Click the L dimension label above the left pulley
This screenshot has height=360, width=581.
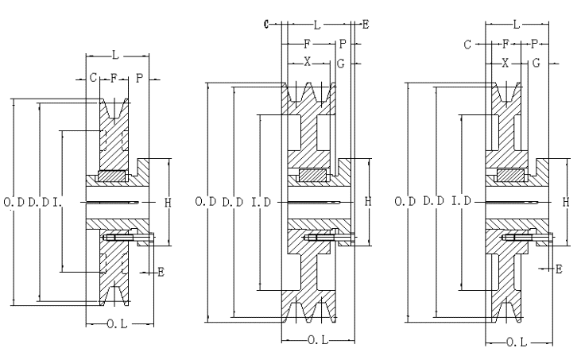coord(116,55)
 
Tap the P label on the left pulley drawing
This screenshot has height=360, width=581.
coord(138,77)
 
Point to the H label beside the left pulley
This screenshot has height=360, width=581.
coord(168,203)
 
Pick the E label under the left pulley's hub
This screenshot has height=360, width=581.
coord(161,272)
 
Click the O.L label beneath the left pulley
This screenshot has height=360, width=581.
coord(117,323)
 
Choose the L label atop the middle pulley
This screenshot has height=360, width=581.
coord(318,25)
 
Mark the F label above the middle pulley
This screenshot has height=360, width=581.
coord(307,44)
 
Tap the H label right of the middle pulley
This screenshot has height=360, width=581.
coord(369,203)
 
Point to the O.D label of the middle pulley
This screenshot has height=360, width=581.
coord(206,202)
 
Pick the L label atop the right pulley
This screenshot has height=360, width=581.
coord(517,25)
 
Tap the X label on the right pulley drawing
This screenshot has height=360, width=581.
coord(505,61)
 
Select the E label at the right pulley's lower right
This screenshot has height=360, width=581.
coord(559,269)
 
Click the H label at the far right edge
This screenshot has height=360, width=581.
coord(566,203)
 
